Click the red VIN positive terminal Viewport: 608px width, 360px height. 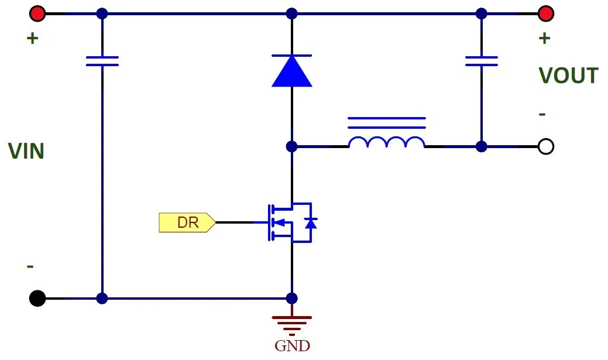click(37, 13)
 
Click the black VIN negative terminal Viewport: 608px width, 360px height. click(37, 299)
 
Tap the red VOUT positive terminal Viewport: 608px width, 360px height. click(545, 13)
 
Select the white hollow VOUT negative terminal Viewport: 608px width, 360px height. click(545, 147)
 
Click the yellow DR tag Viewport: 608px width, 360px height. click(187, 222)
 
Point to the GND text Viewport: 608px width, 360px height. click(292, 345)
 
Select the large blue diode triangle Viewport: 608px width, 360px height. click(291, 71)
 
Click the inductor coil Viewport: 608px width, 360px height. click(387, 142)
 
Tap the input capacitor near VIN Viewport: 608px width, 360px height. click(102, 61)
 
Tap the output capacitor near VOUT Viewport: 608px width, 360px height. click(481, 61)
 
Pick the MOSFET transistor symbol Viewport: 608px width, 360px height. click(291, 222)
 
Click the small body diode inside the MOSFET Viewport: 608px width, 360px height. click(311, 223)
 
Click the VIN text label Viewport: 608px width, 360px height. click(26, 151)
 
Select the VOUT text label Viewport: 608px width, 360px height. click(568, 76)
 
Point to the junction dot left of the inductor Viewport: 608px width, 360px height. click(291, 147)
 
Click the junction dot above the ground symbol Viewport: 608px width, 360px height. click(291, 299)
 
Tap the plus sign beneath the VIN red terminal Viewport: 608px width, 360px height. click(33, 38)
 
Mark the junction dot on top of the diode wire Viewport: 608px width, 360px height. click(291, 13)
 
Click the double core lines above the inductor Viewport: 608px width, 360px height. click(387, 122)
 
